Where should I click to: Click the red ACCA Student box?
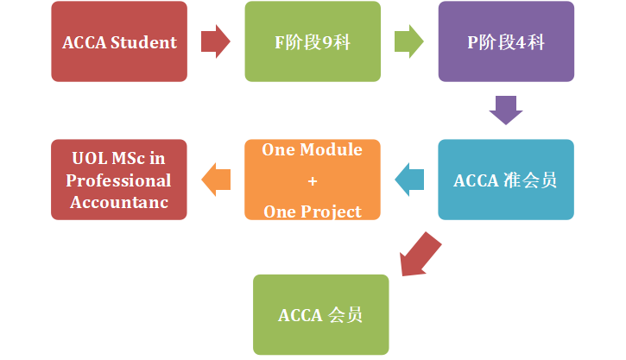(119, 42)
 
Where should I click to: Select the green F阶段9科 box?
(312, 42)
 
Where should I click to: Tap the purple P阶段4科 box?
(505, 42)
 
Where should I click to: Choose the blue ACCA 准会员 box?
(505, 180)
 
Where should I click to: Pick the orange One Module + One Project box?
(312, 180)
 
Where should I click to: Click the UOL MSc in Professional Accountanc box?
(119, 180)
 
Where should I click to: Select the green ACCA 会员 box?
(320, 314)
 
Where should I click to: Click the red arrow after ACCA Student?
(216, 41)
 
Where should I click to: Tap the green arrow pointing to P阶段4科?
(409, 41)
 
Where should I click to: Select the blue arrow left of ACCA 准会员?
(409, 180)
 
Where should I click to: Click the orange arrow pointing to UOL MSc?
(216, 180)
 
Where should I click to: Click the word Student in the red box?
(146, 42)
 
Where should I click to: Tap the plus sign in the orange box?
(312, 181)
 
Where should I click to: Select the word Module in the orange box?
(332, 149)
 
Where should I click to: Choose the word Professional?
(119, 181)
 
